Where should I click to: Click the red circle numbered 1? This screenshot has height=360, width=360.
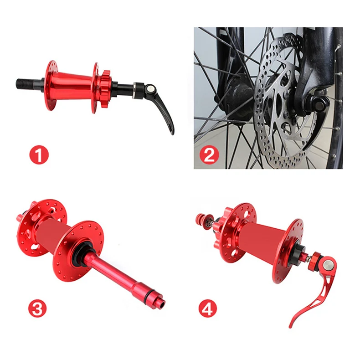(39, 155)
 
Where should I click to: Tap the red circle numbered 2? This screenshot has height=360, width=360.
(209, 155)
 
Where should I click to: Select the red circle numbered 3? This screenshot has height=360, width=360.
(37, 309)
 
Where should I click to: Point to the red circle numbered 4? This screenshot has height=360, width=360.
(207, 309)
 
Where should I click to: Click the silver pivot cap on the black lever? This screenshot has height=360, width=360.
(151, 87)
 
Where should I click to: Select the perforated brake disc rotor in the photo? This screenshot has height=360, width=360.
(285, 97)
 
